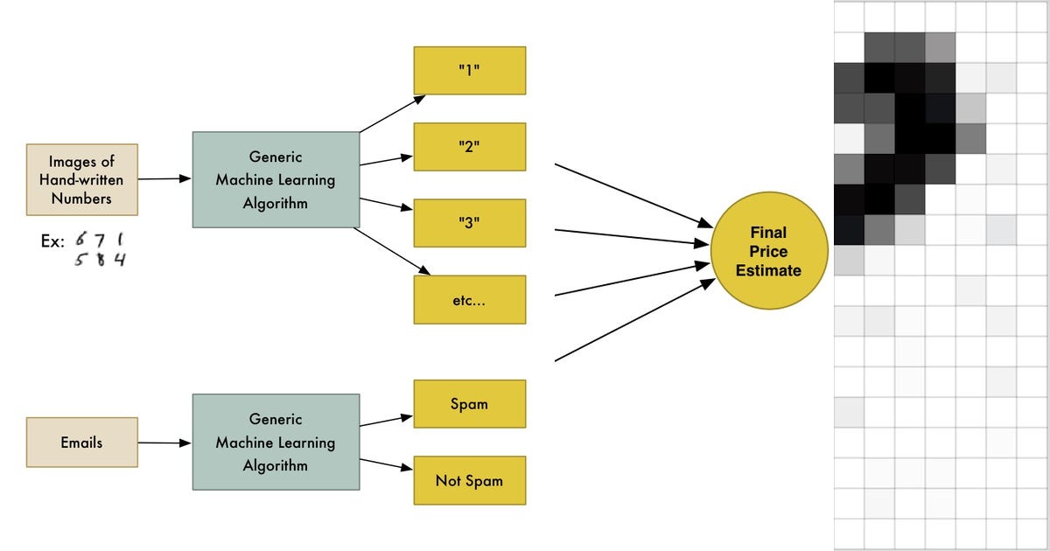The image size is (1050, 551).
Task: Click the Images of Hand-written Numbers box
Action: (81, 180)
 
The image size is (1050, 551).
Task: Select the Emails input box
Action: (81, 443)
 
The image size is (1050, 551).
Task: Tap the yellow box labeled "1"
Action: (469, 71)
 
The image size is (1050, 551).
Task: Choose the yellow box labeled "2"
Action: (469, 147)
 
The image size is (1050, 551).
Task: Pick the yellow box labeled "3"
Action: (469, 222)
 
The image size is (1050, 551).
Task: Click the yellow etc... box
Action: (469, 299)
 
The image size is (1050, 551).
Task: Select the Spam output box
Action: (469, 404)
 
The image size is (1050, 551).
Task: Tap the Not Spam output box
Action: (469, 480)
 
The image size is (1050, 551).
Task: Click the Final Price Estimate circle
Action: (768, 252)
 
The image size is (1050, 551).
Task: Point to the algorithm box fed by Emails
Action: (276, 443)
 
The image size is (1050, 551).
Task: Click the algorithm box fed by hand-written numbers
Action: (276, 180)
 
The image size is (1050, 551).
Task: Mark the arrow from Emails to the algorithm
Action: (164, 443)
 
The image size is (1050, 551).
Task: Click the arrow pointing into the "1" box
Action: (386, 114)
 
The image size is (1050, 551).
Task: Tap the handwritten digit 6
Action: (80, 240)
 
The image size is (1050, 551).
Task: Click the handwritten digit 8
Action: (101, 260)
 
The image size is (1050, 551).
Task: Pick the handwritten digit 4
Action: (119, 260)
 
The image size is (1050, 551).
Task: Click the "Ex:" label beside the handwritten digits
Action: (52, 241)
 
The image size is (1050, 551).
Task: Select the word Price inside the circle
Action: (768, 252)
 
